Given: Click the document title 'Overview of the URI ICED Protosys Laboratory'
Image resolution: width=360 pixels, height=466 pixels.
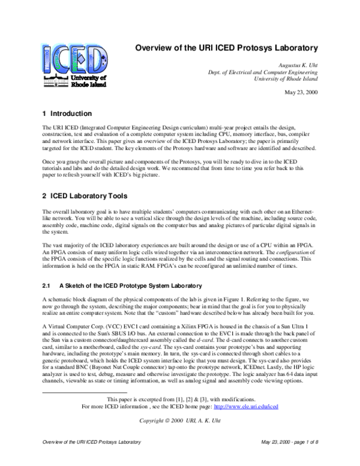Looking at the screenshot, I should (x=224, y=47).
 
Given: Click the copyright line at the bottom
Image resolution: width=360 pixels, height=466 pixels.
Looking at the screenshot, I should (x=180, y=437).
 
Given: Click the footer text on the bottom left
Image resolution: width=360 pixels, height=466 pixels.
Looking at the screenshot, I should (x=90, y=458).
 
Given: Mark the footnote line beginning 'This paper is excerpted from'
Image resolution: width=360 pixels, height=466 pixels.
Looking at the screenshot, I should (x=179, y=416).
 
